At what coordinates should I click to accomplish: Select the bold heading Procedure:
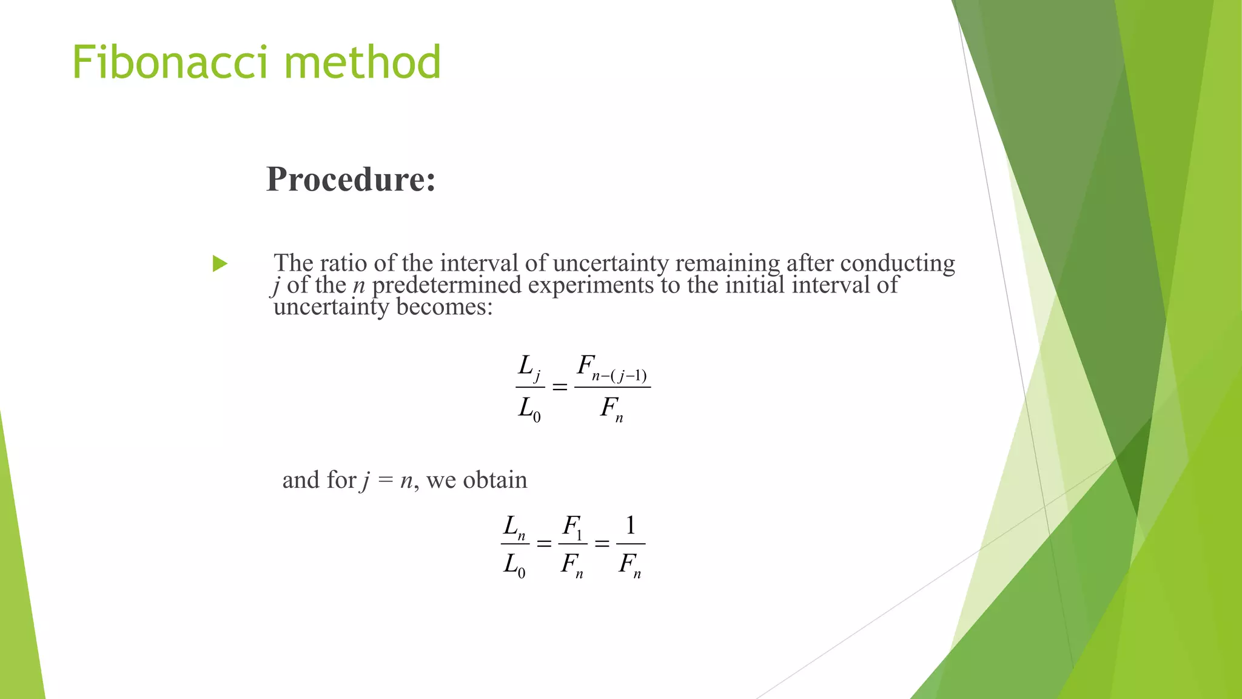point(351,179)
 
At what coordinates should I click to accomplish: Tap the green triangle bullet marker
point(220,264)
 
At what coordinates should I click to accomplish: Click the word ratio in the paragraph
point(344,263)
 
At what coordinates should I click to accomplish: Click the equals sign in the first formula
point(560,387)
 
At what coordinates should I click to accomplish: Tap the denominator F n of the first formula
point(611,408)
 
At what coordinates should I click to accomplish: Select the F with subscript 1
point(572,526)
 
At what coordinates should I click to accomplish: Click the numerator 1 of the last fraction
point(631,525)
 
